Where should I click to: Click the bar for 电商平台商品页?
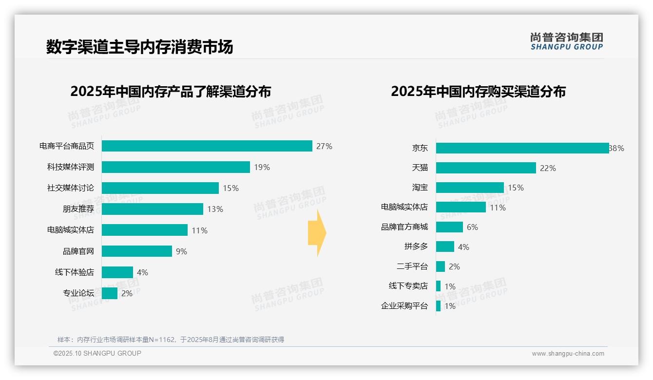(x=207, y=146)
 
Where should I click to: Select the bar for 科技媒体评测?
(x=175, y=167)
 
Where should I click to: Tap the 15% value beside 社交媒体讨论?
(x=231, y=188)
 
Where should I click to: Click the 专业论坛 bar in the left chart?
(x=110, y=293)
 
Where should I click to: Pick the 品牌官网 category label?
(x=78, y=251)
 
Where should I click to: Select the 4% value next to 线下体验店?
(x=142, y=272)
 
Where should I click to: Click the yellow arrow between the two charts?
(x=317, y=233)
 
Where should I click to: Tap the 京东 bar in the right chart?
(x=522, y=148)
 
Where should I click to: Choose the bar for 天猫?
(x=486, y=168)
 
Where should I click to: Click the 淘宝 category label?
(x=420, y=188)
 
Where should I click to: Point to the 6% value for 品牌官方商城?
(x=472, y=227)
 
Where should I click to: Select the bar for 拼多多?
(x=445, y=247)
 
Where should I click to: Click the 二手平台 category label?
(x=412, y=266)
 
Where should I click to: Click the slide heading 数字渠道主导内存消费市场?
(x=140, y=47)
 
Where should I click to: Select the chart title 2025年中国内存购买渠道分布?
(x=478, y=92)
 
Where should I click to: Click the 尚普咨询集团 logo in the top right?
(x=566, y=41)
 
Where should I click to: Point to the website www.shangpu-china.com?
(x=568, y=354)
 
